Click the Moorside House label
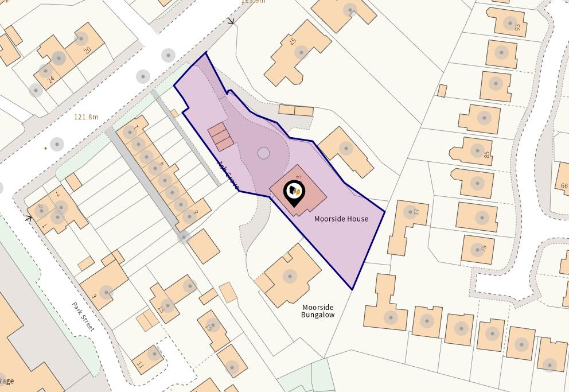341,219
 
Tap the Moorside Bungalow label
318,311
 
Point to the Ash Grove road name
228,174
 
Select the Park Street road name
84,316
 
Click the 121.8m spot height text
86,117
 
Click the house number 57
293,41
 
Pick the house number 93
517,28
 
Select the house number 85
487,154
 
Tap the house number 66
564,185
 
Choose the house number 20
88,50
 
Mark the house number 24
51,80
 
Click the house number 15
161,310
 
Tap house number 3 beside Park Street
94,297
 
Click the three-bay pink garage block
221,137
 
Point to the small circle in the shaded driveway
263,153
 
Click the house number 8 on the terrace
196,212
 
